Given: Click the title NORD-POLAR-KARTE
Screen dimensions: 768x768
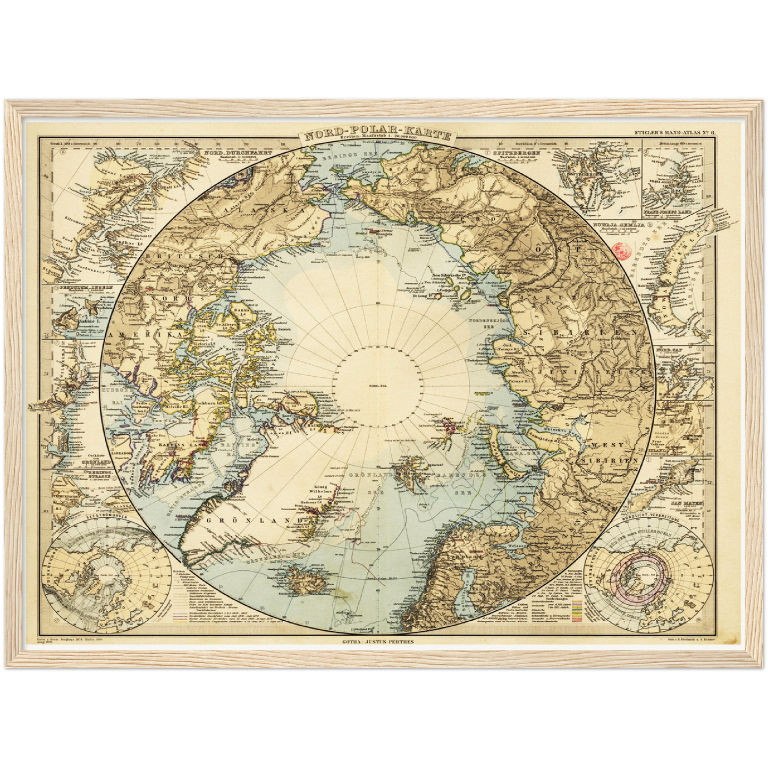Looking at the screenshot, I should pyautogui.click(x=377, y=134).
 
